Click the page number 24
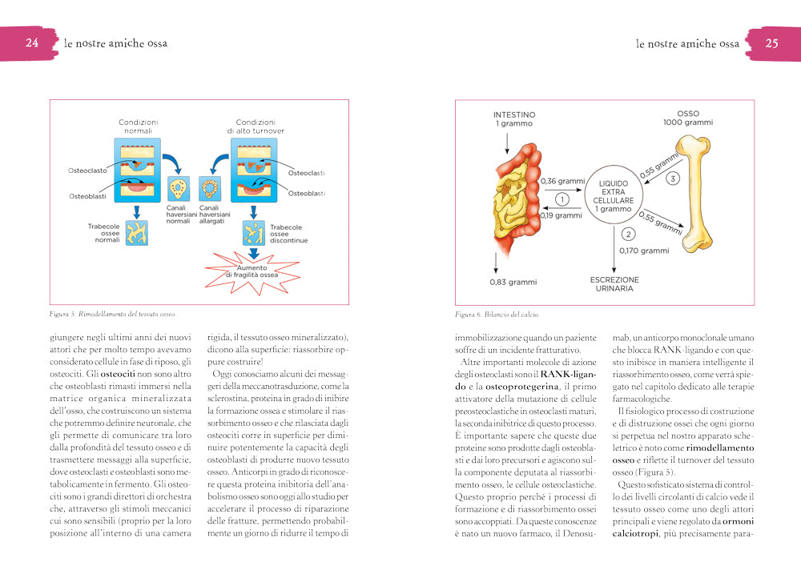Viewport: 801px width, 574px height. (x=33, y=43)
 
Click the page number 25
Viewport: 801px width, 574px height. (x=771, y=43)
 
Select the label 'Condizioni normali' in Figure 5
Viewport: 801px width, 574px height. (x=139, y=126)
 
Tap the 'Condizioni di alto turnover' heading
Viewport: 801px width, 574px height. (x=256, y=126)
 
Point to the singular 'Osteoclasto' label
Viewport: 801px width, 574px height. (x=87, y=171)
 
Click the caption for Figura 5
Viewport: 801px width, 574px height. (x=112, y=315)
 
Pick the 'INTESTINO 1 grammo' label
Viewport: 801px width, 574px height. (x=514, y=119)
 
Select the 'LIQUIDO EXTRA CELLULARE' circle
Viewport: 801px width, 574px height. (x=614, y=196)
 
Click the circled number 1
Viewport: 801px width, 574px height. (x=562, y=199)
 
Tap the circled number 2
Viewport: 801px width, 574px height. (x=628, y=235)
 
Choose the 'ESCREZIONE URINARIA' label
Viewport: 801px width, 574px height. (x=614, y=283)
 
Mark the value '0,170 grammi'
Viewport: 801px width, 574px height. (x=643, y=251)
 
